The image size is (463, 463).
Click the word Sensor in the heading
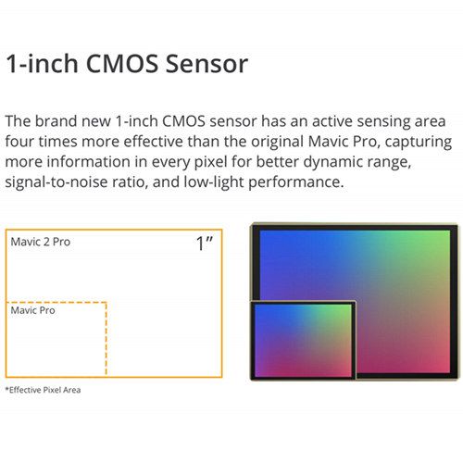click(206, 64)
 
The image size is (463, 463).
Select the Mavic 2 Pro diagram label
click(41, 242)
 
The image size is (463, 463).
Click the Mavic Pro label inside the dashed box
click(33, 310)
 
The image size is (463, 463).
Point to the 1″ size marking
click(205, 244)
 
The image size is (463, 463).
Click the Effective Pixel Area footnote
click(43, 390)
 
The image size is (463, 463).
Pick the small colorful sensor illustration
click(303, 340)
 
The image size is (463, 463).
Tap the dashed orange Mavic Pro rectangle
click(106, 339)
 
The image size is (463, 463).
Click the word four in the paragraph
click(19, 142)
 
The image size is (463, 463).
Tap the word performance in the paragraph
click(295, 182)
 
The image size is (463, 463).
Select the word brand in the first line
click(56, 121)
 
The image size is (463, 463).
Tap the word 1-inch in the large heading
click(42, 64)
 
